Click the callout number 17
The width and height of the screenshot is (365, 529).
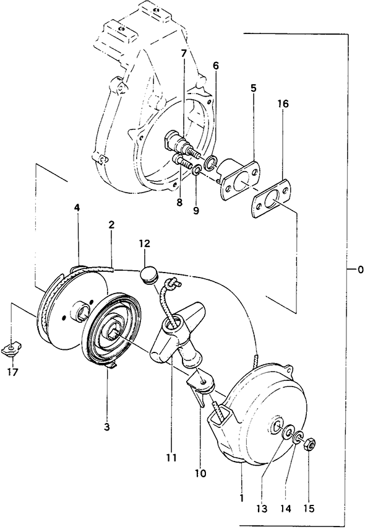[x=13, y=372]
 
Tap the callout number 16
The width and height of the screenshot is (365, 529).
[x=283, y=103]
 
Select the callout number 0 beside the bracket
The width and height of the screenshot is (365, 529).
[x=360, y=269]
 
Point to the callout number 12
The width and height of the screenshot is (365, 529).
[x=145, y=243]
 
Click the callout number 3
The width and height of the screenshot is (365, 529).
[x=106, y=427]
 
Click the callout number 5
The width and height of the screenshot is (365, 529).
[x=253, y=89]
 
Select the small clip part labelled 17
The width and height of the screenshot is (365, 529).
[x=12, y=349]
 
